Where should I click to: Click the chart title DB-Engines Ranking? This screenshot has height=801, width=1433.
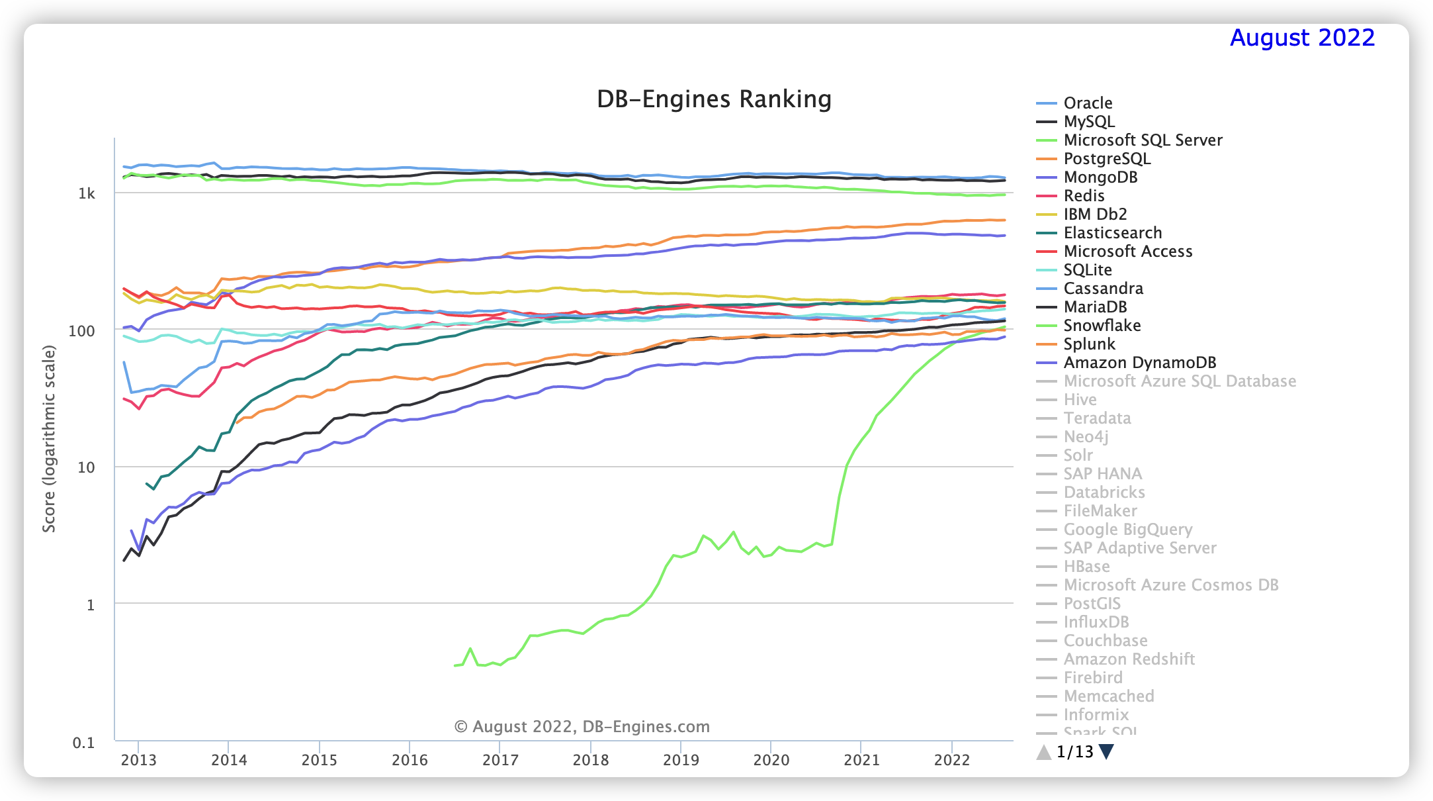[x=714, y=99]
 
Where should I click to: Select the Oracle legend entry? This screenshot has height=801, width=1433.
[x=1088, y=103]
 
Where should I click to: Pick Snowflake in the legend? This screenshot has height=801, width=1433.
[x=1102, y=326]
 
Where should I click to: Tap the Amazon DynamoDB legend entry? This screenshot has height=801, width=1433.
[x=1139, y=363]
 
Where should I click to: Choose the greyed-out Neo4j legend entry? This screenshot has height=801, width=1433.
[x=1086, y=437]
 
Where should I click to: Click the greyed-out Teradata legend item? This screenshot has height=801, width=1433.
[x=1097, y=418]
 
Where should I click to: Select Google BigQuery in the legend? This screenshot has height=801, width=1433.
[x=1127, y=530]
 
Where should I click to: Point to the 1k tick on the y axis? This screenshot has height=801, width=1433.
[x=87, y=194]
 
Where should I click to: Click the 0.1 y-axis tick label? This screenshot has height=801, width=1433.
[x=83, y=743]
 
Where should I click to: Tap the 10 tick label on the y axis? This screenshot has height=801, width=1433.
[x=86, y=468]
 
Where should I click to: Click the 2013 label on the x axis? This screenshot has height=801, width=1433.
[x=138, y=760]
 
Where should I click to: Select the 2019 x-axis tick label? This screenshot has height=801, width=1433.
[x=681, y=760]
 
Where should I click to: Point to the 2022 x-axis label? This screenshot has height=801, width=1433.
[x=951, y=760]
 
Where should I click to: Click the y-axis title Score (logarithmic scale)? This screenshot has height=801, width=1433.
[x=49, y=438]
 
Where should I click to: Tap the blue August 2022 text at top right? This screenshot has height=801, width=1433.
[x=1302, y=38]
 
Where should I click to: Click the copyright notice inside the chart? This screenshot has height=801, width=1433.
[x=582, y=727]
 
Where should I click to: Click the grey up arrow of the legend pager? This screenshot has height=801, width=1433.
[x=1043, y=752]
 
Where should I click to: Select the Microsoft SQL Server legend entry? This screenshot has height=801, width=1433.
[x=1143, y=140]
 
